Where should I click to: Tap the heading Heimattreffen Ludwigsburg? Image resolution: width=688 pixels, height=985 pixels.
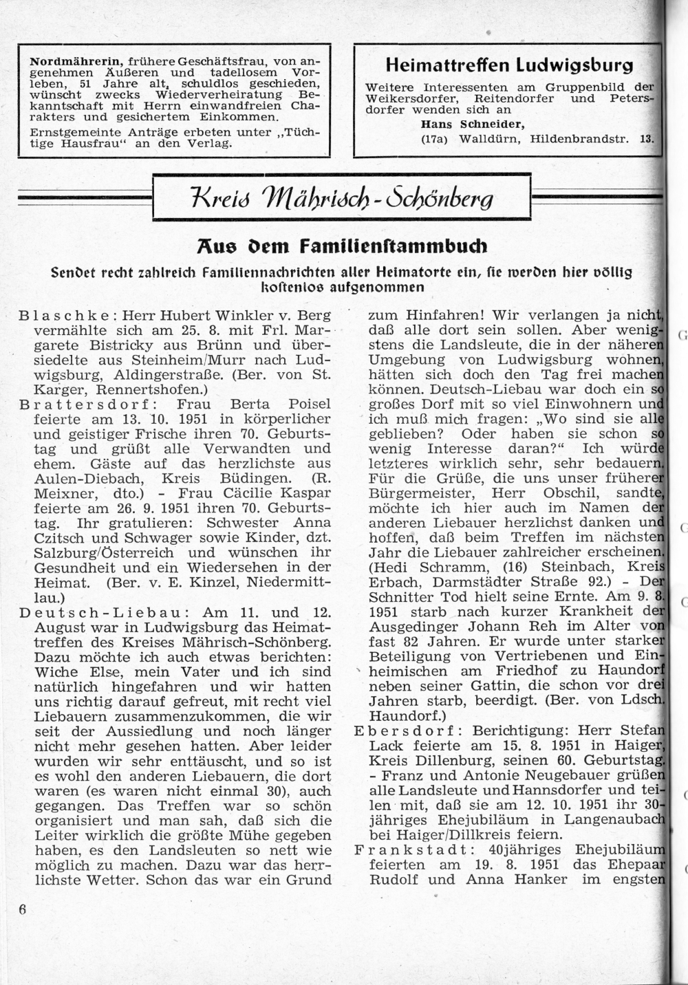click(x=509, y=65)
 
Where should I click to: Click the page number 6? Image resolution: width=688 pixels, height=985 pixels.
click(x=23, y=909)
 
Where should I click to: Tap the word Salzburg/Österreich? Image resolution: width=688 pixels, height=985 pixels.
click(x=103, y=552)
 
